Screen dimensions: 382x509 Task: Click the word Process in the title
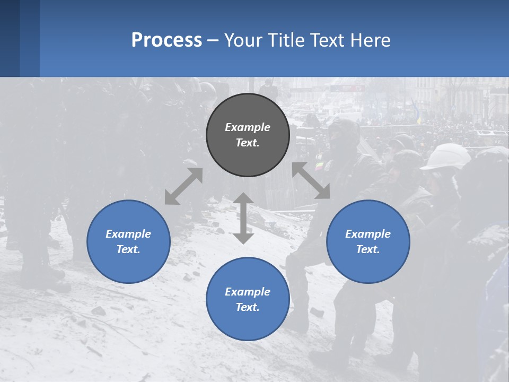[x=166, y=40]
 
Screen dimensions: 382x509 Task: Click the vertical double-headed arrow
[x=243, y=218]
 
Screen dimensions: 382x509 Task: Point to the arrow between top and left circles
[x=183, y=186]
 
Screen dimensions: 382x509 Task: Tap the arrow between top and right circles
[x=311, y=180]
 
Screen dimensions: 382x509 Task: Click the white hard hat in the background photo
[x=446, y=156]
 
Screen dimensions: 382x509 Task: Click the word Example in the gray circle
[x=248, y=127]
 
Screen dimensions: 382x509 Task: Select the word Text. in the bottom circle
[x=248, y=307]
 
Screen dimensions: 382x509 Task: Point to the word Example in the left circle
[x=128, y=234]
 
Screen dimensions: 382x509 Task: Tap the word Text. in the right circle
[x=368, y=249]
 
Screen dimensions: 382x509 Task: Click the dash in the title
[x=213, y=40]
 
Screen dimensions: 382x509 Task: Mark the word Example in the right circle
[x=368, y=234]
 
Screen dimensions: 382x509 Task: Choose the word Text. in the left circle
[x=128, y=249]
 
